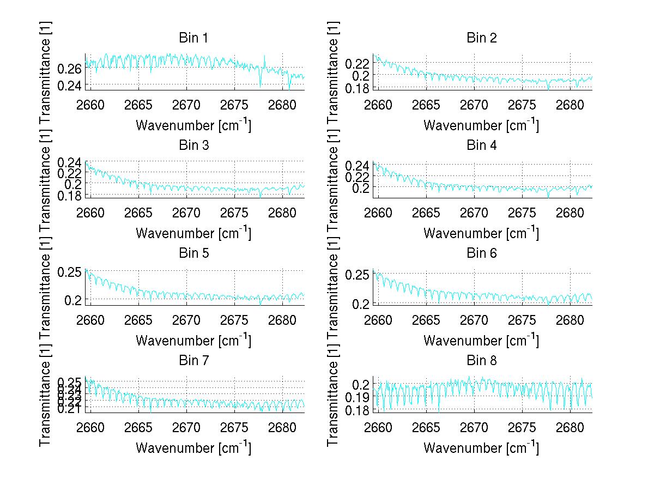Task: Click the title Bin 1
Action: click(193, 38)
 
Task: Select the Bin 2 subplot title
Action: click(482, 38)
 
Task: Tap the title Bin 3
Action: click(193, 146)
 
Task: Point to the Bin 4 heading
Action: click(482, 146)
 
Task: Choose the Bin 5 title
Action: click(193, 253)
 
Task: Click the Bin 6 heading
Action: click(482, 253)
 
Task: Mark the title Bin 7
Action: click(193, 360)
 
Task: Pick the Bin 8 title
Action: click(482, 360)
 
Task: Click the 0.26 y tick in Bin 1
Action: click(70, 69)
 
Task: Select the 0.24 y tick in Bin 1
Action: click(70, 86)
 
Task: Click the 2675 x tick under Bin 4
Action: click(522, 213)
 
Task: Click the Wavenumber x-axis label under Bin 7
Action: click(193, 447)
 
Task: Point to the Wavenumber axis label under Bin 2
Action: click(482, 125)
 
